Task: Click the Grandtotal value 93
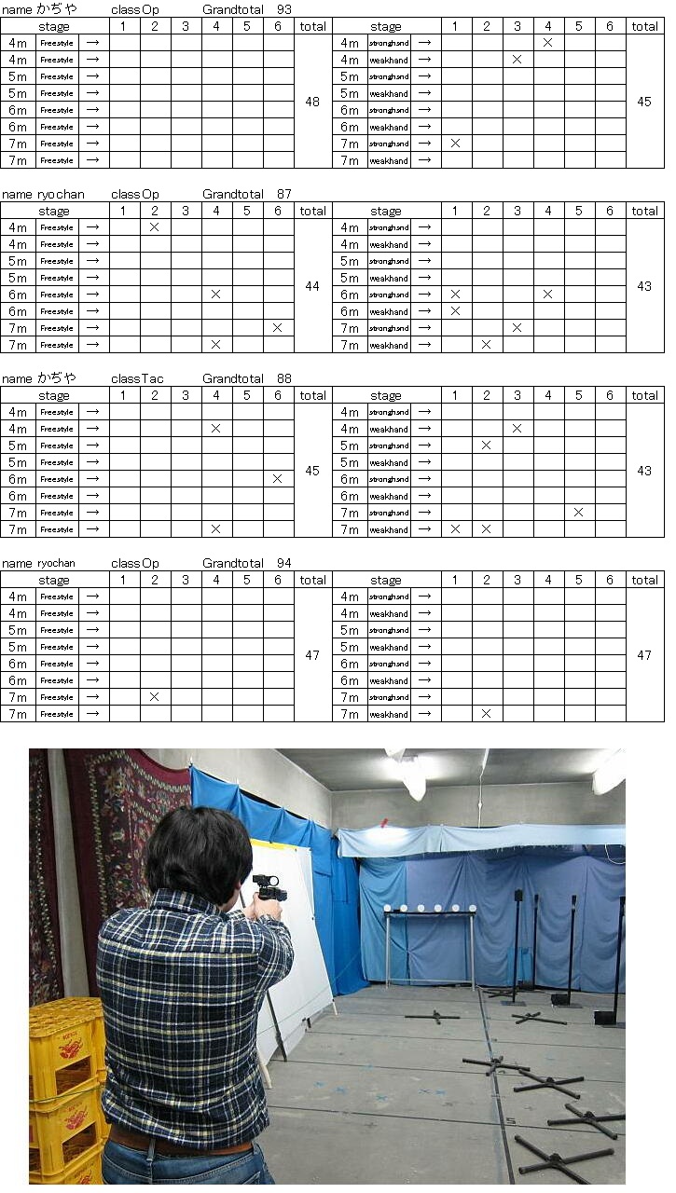pyautogui.click(x=284, y=8)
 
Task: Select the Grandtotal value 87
pyautogui.click(x=284, y=194)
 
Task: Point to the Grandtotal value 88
pyautogui.click(x=284, y=378)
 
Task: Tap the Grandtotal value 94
pyautogui.click(x=284, y=563)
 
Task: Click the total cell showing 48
pyautogui.click(x=312, y=102)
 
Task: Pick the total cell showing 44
pyautogui.click(x=312, y=286)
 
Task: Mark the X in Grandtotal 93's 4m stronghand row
pyautogui.click(x=547, y=43)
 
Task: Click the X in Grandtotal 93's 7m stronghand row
pyautogui.click(x=455, y=144)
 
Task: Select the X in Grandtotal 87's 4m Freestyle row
pyautogui.click(x=155, y=227)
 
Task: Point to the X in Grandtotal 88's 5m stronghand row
pyautogui.click(x=486, y=446)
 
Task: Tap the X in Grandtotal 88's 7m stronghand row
pyautogui.click(x=578, y=513)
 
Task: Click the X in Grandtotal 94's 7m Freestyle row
pyautogui.click(x=155, y=697)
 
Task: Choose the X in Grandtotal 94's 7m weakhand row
pyautogui.click(x=486, y=714)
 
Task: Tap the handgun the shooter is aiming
pyautogui.click(x=269, y=888)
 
